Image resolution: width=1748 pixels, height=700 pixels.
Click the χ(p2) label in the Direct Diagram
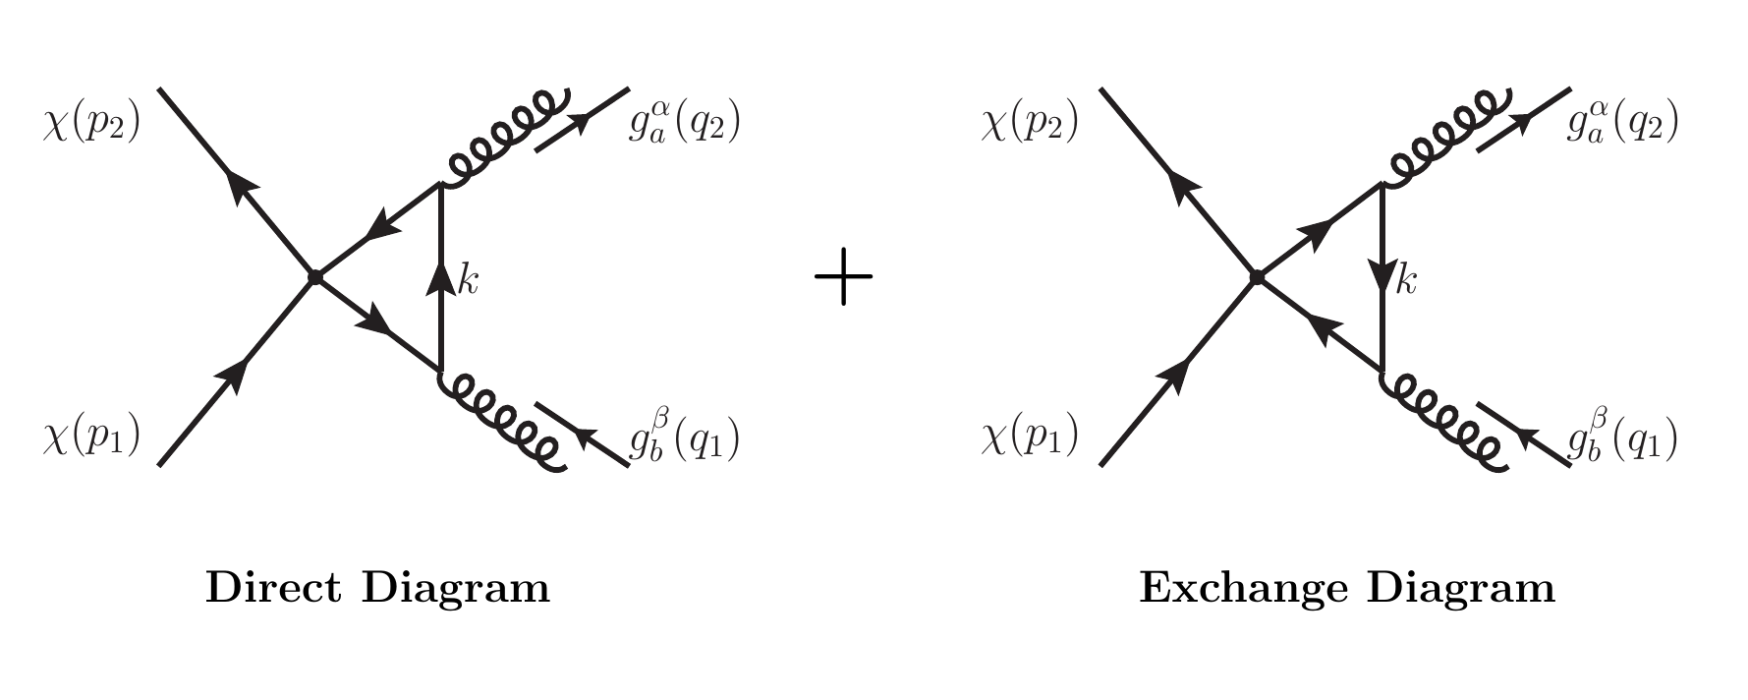(91, 126)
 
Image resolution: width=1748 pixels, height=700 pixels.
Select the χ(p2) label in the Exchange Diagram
(1030, 126)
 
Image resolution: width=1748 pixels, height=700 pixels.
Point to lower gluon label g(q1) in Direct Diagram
(684, 438)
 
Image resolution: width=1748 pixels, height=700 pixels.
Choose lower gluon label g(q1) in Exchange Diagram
(1622, 438)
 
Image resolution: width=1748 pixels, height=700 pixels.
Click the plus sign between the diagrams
(844, 277)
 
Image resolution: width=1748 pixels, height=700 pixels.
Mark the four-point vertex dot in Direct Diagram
(315, 277)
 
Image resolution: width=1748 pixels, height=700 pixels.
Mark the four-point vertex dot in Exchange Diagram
(1256, 277)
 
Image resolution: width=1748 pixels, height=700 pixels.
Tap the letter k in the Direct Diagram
(468, 283)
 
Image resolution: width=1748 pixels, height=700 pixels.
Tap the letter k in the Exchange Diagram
(1407, 283)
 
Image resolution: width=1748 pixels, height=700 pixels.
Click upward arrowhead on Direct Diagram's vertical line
(440, 277)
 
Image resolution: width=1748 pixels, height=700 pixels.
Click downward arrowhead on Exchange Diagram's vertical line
(1381, 277)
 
